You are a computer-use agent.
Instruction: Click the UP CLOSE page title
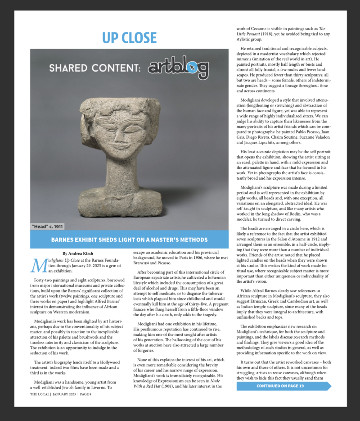pyautogui.click(x=129, y=37)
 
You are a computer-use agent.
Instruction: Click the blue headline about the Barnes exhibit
pyautogui.click(x=129, y=240)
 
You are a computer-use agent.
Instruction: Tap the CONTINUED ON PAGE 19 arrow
pyautogui.click(x=283, y=386)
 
